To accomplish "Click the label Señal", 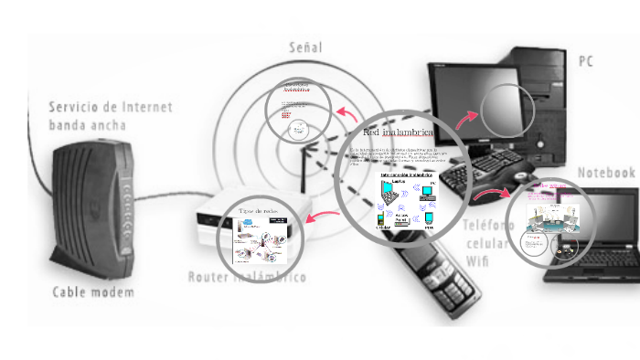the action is (305, 47).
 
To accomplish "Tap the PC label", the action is (586, 60).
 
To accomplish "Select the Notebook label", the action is (605, 173).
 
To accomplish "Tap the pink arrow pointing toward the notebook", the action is (494, 194).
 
